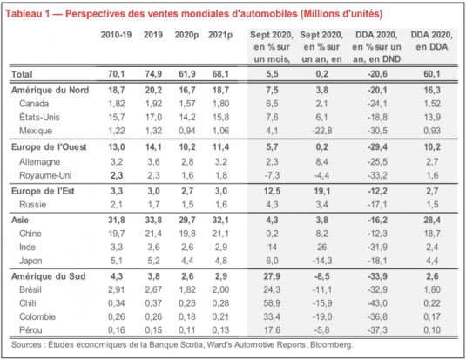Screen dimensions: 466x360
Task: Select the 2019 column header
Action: point(153,35)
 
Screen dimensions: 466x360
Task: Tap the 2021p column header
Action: point(220,35)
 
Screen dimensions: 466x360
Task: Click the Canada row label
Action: point(34,104)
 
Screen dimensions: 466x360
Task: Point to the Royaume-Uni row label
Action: point(45,175)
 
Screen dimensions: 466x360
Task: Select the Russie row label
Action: point(33,204)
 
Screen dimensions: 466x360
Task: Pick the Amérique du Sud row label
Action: point(49,276)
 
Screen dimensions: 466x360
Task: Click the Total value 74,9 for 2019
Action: point(153,74)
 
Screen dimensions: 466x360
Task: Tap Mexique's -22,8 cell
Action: point(322,131)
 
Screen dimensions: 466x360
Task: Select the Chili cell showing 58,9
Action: point(272,303)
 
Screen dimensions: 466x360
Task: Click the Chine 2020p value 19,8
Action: point(187,234)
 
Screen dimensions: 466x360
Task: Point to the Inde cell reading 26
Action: point(322,247)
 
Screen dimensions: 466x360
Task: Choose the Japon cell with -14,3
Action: point(322,261)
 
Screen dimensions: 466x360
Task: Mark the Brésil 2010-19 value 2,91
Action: point(117,289)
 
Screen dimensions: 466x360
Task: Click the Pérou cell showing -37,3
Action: point(377,330)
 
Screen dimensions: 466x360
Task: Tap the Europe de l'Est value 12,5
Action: point(272,191)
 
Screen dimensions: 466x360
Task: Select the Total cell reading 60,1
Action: point(432,74)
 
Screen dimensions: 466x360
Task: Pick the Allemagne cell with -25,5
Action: point(377,161)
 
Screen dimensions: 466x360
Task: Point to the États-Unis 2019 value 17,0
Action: point(153,117)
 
